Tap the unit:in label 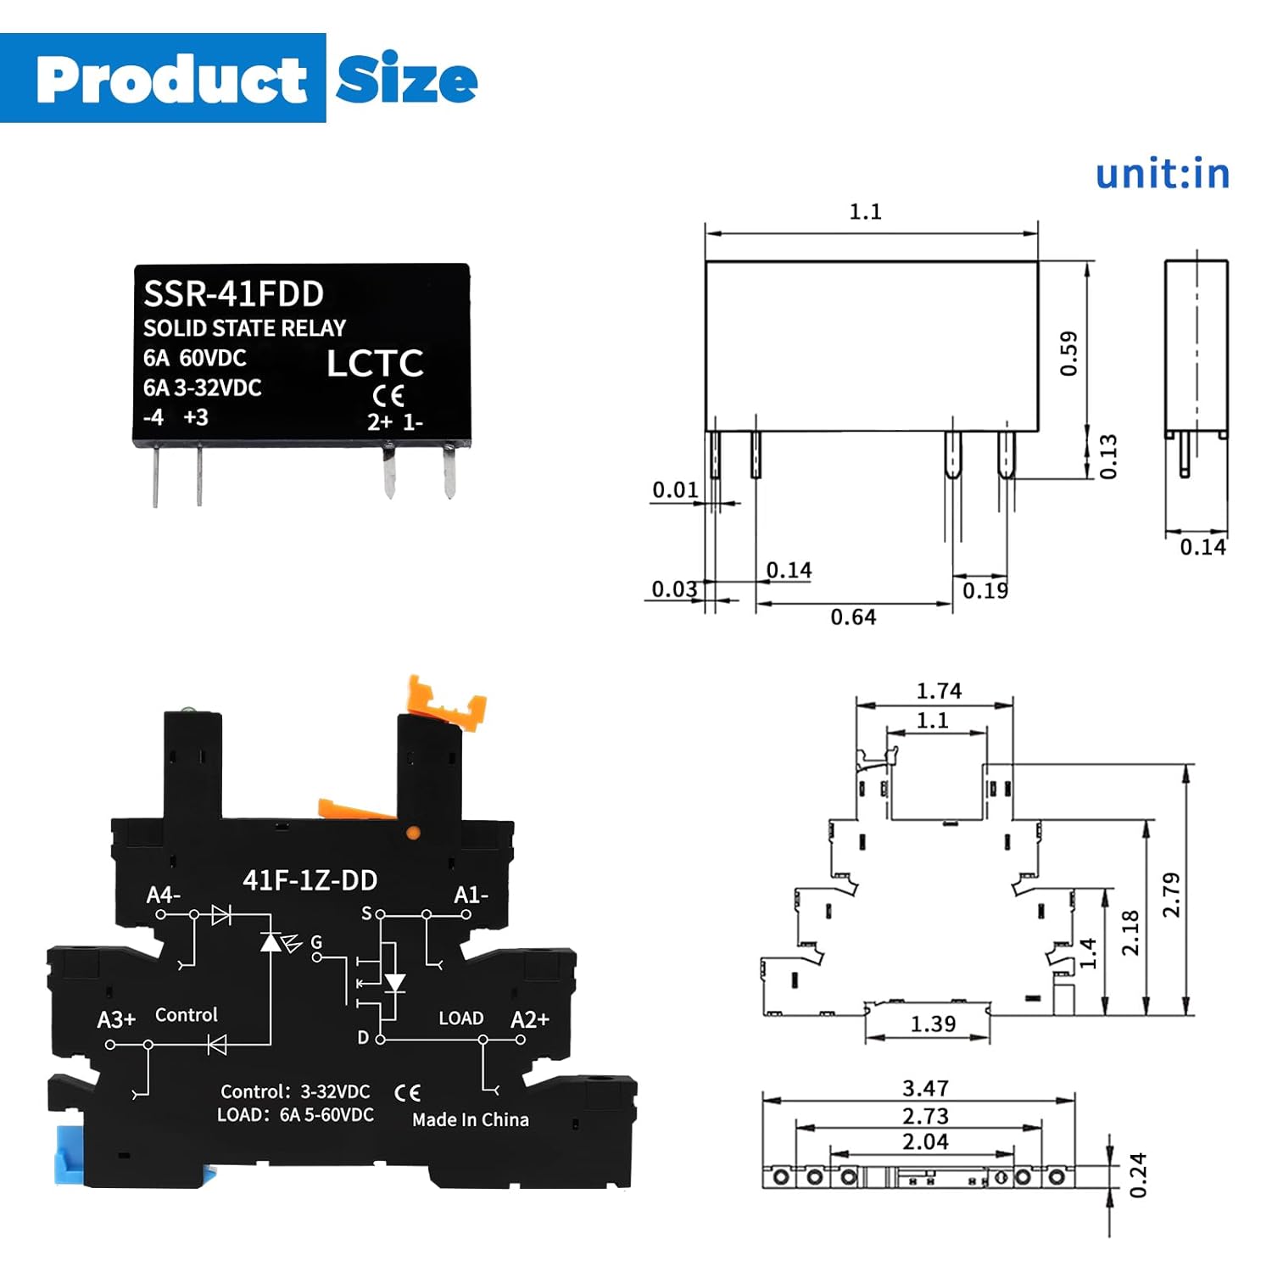(x=1162, y=174)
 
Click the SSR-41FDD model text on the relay (x=233, y=294)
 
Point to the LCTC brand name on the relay (x=375, y=363)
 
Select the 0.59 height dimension (x=1068, y=353)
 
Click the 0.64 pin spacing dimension (x=853, y=617)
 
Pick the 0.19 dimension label (x=985, y=590)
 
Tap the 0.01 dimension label (x=675, y=490)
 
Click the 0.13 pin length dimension (x=1108, y=457)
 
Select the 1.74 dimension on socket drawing (x=939, y=691)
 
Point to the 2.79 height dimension (x=1171, y=895)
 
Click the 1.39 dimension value (x=933, y=1024)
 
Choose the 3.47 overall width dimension (x=925, y=1088)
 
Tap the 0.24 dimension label (x=1138, y=1175)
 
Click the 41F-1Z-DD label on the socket (x=310, y=881)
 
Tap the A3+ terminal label (x=116, y=1019)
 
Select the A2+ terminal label (x=530, y=1019)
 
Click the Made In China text (x=470, y=1120)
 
